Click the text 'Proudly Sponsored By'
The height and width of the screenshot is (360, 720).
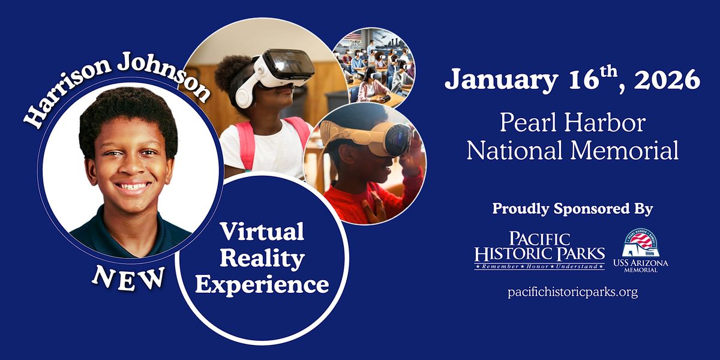pyautogui.click(x=572, y=209)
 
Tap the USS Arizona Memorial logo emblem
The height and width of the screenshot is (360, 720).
pyautogui.click(x=640, y=243)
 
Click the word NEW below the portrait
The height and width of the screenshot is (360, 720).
pyautogui.click(x=128, y=277)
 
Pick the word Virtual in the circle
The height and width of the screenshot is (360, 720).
pyautogui.click(x=261, y=231)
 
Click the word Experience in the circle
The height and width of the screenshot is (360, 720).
pyautogui.click(x=262, y=284)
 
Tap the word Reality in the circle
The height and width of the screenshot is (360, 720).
pyautogui.click(x=262, y=257)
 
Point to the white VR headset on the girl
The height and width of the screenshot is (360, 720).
pyautogui.click(x=282, y=72)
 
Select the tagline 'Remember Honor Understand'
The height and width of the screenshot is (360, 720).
pyautogui.click(x=539, y=265)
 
